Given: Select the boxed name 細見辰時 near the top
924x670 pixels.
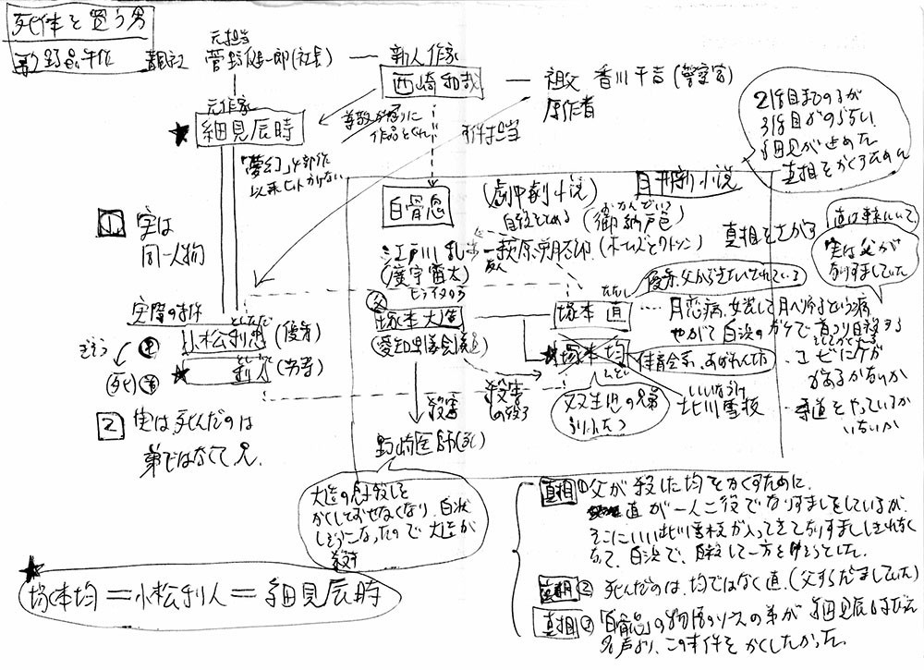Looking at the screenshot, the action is click(x=245, y=133).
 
